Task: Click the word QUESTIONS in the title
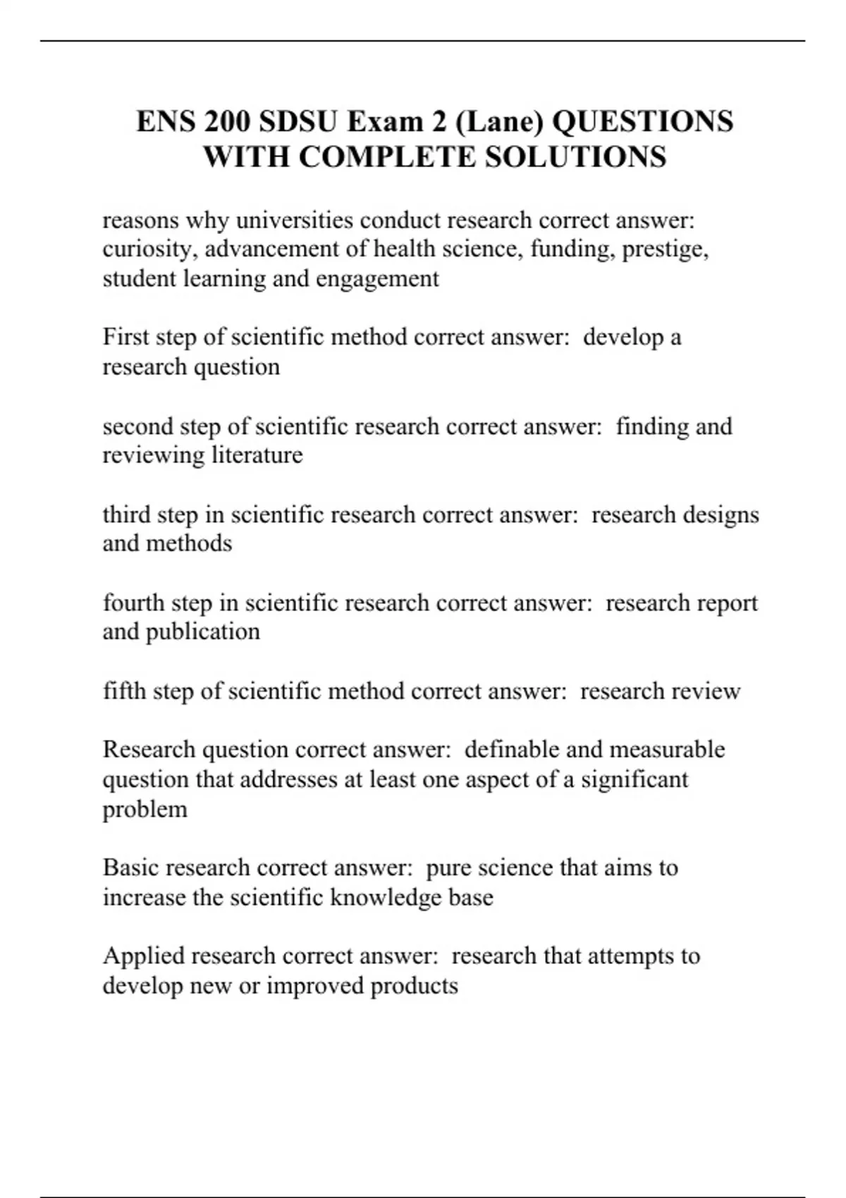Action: (x=642, y=121)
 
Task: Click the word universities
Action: (x=295, y=221)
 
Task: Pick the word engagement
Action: (x=377, y=280)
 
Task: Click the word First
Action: (x=126, y=337)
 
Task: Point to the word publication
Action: (x=203, y=631)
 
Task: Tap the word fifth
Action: (x=124, y=691)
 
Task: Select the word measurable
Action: (x=666, y=749)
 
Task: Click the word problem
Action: (x=145, y=809)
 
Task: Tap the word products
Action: (x=414, y=986)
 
